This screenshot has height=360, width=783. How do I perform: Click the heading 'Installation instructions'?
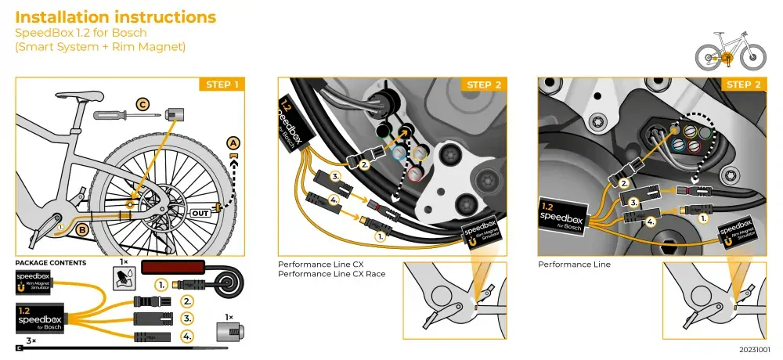click(116, 16)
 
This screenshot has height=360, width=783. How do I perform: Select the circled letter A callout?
click(233, 142)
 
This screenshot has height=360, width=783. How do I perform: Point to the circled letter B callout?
click(81, 229)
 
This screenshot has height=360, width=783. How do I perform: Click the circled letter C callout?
click(143, 103)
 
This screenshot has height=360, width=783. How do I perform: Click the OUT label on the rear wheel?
click(200, 212)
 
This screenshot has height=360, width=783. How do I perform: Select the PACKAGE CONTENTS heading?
click(51, 264)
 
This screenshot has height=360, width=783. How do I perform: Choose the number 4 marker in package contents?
click(186, 337)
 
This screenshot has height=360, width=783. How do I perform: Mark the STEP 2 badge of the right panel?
click(743, 85)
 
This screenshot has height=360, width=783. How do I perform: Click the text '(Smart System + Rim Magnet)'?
click(100, 47)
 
